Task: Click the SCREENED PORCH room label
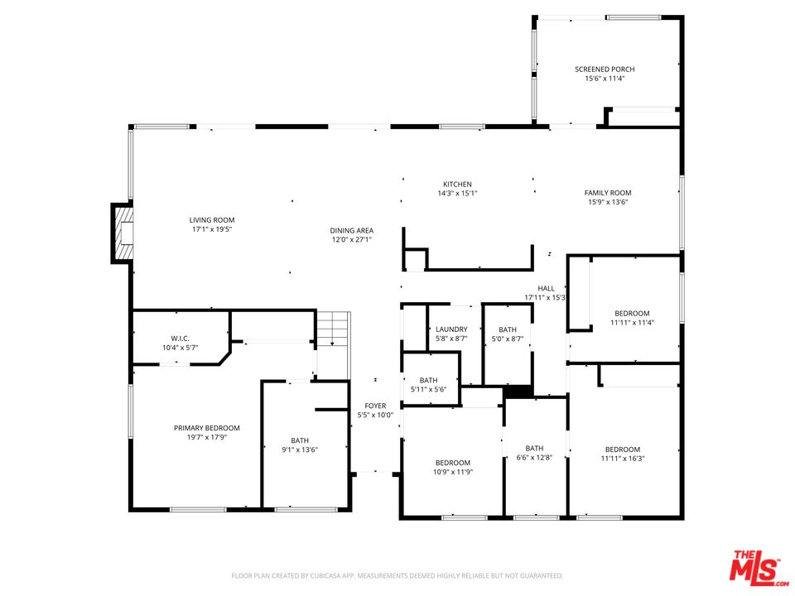[605, 69]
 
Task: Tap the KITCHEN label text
[457, 185]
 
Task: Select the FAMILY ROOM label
[607, 193]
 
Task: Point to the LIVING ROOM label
[212, 220]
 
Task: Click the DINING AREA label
[351, 231]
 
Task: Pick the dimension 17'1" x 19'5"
[212, 229]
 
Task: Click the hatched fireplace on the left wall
[123, 233]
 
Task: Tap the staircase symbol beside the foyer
[334, 329]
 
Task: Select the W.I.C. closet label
[180, 339]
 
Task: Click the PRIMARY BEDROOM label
[207, 428]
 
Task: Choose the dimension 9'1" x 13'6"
[300, 449]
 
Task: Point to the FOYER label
[375, 406]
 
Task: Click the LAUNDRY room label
[451, 329]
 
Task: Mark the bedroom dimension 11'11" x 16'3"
[623, 459]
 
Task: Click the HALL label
[546, 288]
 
